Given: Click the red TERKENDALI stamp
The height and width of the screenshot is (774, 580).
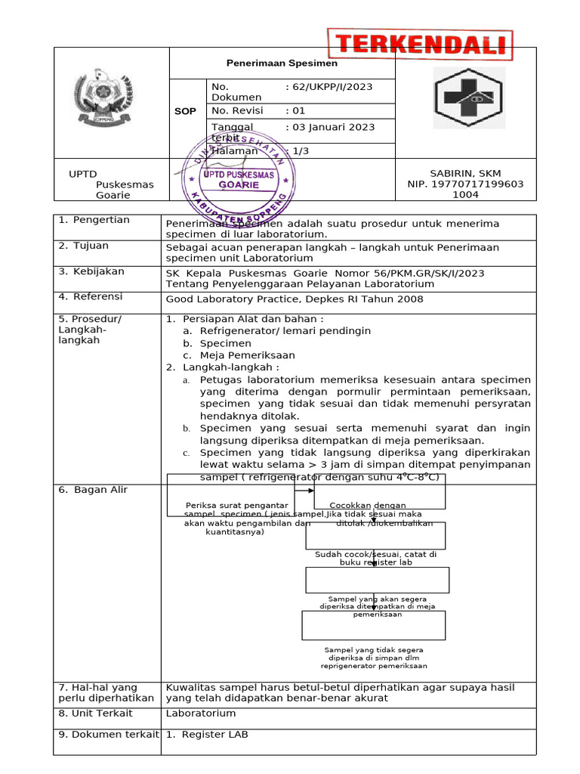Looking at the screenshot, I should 420,45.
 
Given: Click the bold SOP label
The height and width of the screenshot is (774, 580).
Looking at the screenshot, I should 185,111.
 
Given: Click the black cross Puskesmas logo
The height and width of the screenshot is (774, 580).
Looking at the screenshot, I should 465,98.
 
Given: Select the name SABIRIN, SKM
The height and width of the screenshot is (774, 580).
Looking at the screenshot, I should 465,173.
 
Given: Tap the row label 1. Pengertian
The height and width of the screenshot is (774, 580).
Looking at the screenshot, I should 94,220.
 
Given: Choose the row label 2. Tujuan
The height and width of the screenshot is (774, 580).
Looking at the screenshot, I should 84,246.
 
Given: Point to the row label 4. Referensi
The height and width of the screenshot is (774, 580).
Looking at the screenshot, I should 91,297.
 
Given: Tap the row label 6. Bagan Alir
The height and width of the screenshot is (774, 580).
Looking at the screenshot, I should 94,490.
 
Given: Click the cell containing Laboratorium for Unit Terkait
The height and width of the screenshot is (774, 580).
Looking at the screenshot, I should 201,713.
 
